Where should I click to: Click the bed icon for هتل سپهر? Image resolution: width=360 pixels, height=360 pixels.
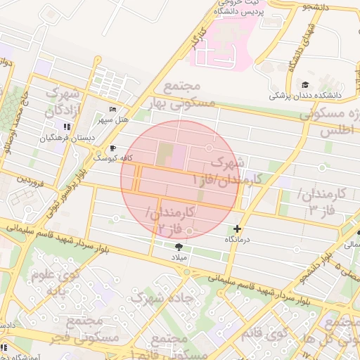click(x=113, y=110)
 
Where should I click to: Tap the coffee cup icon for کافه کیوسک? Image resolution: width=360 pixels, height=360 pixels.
click(x=112, y=148)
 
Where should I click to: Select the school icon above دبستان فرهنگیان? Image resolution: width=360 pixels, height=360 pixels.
click(x=67, y=127)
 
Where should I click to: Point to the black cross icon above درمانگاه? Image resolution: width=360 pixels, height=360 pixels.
click(x=237, y=229)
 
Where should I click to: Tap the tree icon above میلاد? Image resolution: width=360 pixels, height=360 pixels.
click(x=177, y=246)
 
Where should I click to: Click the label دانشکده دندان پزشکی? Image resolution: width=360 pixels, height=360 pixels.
click(x=312, y=94)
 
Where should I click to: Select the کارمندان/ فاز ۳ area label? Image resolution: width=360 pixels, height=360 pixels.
click(x=321, y=201)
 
